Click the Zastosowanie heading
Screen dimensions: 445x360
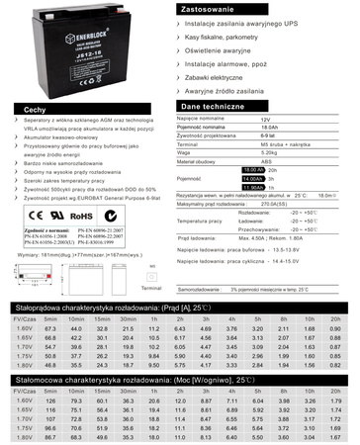(216, 7)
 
